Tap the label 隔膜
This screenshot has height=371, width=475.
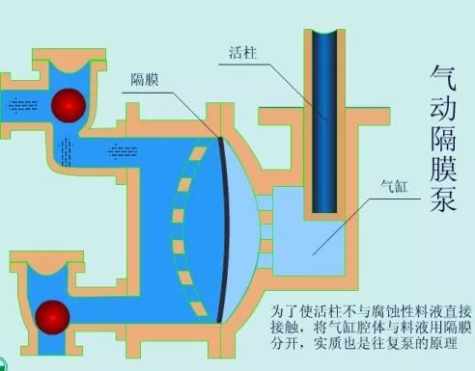point(145,79)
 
